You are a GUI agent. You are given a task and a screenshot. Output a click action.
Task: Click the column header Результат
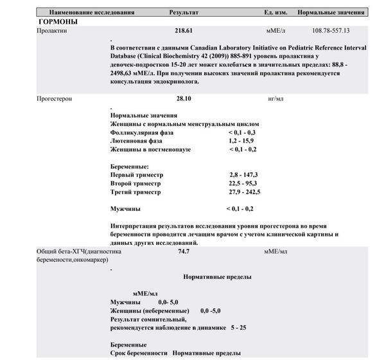[x=184, y=13]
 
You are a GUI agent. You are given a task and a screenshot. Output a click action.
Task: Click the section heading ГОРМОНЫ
[x=58, y=21]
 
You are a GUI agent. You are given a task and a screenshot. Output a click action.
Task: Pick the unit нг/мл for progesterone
[x=275, y=100]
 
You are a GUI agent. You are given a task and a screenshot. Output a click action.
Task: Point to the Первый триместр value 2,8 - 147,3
[x=243, y=175]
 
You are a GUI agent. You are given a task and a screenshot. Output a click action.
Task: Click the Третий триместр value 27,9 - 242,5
[x=244, y=192]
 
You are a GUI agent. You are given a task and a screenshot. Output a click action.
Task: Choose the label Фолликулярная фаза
[x=142, y=132]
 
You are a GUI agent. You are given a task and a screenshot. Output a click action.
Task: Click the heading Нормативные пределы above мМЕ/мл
[x=217, y=276]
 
